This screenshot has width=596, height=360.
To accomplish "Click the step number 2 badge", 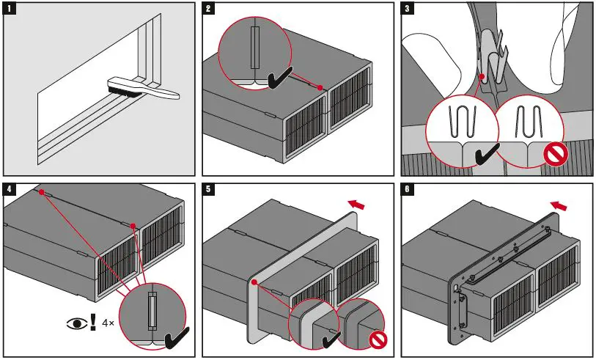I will point(210,9).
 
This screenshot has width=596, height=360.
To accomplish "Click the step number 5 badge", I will point(210,189).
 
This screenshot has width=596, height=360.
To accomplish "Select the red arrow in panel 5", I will point(357,202).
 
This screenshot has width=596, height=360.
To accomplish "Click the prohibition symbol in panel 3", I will point(554,155).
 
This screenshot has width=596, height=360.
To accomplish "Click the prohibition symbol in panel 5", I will point(375,339).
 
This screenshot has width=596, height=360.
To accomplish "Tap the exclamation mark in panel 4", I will point(92,323).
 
